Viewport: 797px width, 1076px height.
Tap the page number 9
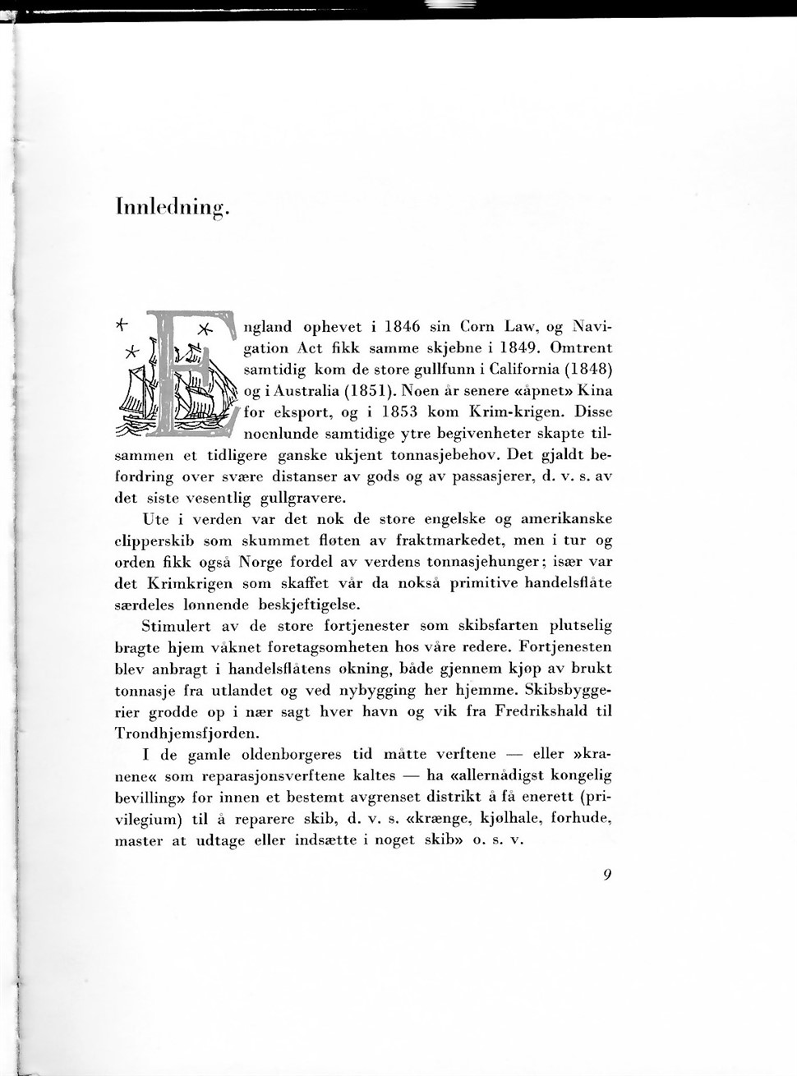(606, 876)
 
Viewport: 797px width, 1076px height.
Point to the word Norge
(263, 563)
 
